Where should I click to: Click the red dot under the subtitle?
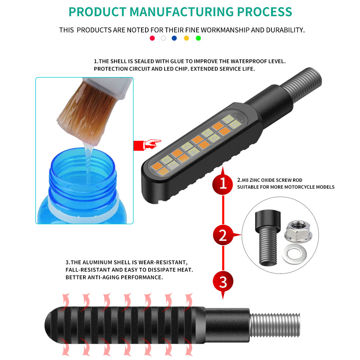tap(152, 38)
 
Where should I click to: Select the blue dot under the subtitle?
tap(174, 38)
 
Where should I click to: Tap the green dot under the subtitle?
tap(198, 38)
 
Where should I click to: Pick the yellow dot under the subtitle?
tap(186, 38)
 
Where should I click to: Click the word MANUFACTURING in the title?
tap(181, 12)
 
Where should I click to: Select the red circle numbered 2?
tap(223, 235)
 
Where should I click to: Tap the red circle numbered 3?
tap(223, 282)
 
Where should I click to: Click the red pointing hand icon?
tap(147, 145)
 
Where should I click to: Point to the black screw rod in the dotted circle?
tap(268, 238)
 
